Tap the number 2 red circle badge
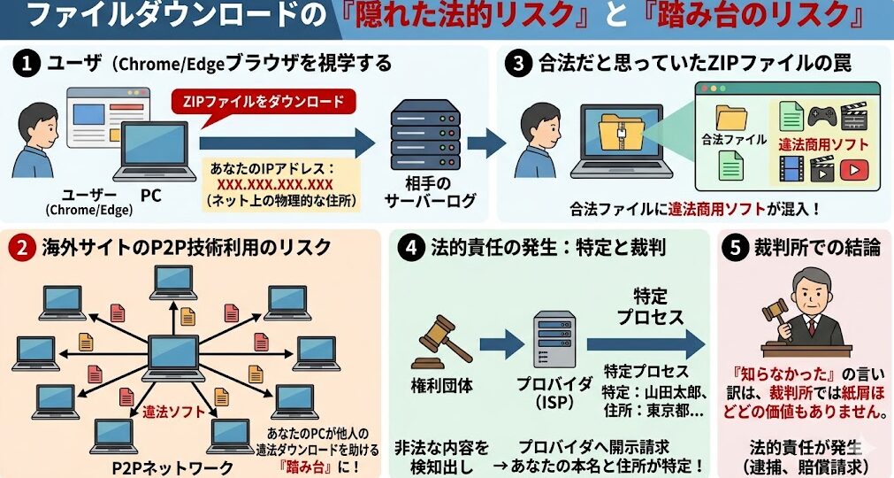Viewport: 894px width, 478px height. click(20, 247)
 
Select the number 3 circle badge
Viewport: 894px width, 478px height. click(519, 64)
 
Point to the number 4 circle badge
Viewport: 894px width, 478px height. click(409, 247)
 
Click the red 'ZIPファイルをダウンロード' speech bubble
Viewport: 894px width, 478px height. click(263, 101)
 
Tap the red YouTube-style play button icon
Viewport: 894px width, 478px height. click(853, 169)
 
